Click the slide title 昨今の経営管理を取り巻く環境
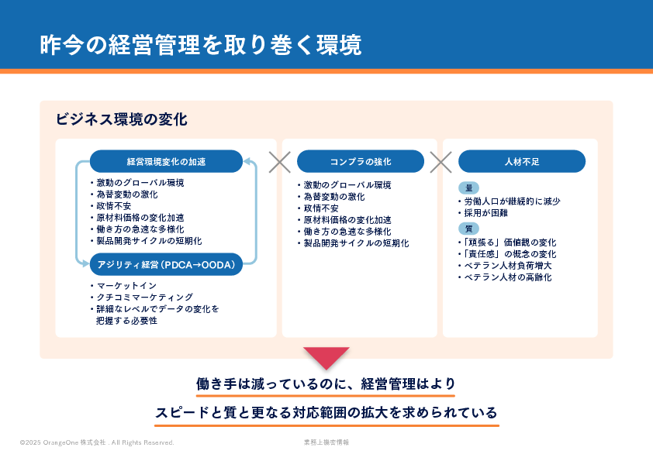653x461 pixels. click(x=200, y=45)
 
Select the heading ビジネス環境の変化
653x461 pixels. click(x=121, y=119)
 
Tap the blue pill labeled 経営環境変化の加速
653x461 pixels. click(x=166, y=161)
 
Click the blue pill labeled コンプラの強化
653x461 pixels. click(x=360, y=161)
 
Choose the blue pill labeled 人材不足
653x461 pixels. click(x=521, y=161)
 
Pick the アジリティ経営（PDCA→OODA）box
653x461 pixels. click(x=166, y=265)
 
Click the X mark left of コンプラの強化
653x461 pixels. click(x=279, y=161)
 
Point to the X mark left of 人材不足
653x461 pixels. click(x=441, y=161)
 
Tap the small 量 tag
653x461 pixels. click(x=468, y=188)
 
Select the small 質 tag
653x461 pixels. click(x=468, y=229)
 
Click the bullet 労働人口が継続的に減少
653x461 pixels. click(x=511, y=201)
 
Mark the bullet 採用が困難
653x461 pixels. click(x=485, y=213)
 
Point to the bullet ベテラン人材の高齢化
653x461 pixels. click(x=507, y=277)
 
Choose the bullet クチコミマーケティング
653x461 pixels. click(x=143, y=297)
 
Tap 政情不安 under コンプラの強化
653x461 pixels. click(x=320, y=208)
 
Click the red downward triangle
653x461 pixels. click(x=326, y=357)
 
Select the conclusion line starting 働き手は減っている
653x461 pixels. click(x=326, y=384)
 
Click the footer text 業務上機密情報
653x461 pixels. click(x=326, y=442)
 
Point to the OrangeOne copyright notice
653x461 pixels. click(x=97, y=442)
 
